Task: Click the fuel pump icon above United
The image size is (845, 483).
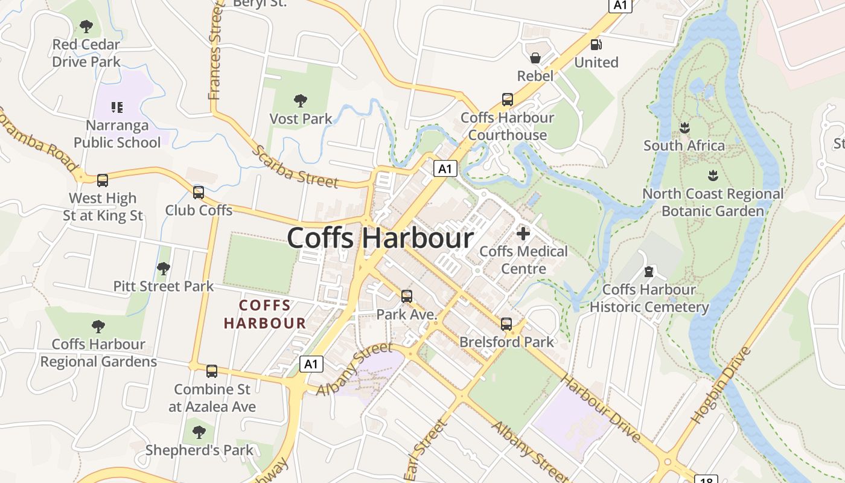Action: pyautogui.click(x=596, y=44)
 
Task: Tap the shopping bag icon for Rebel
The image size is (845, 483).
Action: pyautogui.click(x=535, y=58)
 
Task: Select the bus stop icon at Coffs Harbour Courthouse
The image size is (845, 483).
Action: pyautogui.click(x=508, y=100)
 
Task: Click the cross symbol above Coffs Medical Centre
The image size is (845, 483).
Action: pyautogui.click(x=523, y=233)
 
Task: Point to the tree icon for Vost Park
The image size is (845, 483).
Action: pyautogui.click(x=300, y=101)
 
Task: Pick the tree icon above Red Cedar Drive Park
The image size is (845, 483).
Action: pyautogui.click(x=86, y=27)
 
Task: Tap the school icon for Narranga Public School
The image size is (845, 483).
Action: pyautogui.click(x=117, y=107)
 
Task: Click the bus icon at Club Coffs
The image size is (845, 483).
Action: pyautogui.click(x=199, y=193)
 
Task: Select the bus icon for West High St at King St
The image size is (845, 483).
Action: pyautogui.click(x=103, y=180)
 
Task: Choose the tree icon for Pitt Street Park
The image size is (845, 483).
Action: pyautogui.click(x=163, y=268)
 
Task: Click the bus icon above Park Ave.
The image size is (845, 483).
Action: pyautogui.click(x=407, y=296)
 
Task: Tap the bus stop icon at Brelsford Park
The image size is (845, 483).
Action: pyautogui.click(x=506, y=324)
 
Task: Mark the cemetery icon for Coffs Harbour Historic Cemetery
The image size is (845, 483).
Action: pyautogui.click(x=649, y=272)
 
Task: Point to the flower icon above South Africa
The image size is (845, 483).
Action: pyautogui.click(x=684, y=128)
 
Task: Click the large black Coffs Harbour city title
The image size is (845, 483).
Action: pyautogui.click(x=380, y=238)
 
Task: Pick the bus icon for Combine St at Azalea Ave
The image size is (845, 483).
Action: pyautogui.click(x=212, y=371)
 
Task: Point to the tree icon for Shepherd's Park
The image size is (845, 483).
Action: pyautogui.click(x=199, y=432)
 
